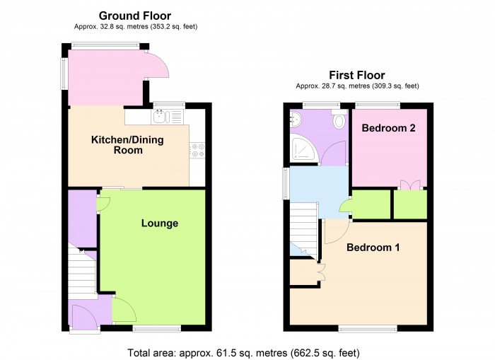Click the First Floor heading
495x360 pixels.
click(356, 75)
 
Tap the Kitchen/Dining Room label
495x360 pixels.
click(127, 145)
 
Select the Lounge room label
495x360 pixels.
click(159, 223)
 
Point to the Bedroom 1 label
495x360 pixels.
click(373, 248)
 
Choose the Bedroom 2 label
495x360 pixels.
click(388, 128)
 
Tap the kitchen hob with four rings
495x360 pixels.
click(197, 149)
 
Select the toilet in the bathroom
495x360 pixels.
click(339, 121)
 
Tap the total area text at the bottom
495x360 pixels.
click(243, 352)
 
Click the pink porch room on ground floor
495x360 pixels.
click(106, 78)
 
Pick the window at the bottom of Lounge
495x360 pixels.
click(156, 327)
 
